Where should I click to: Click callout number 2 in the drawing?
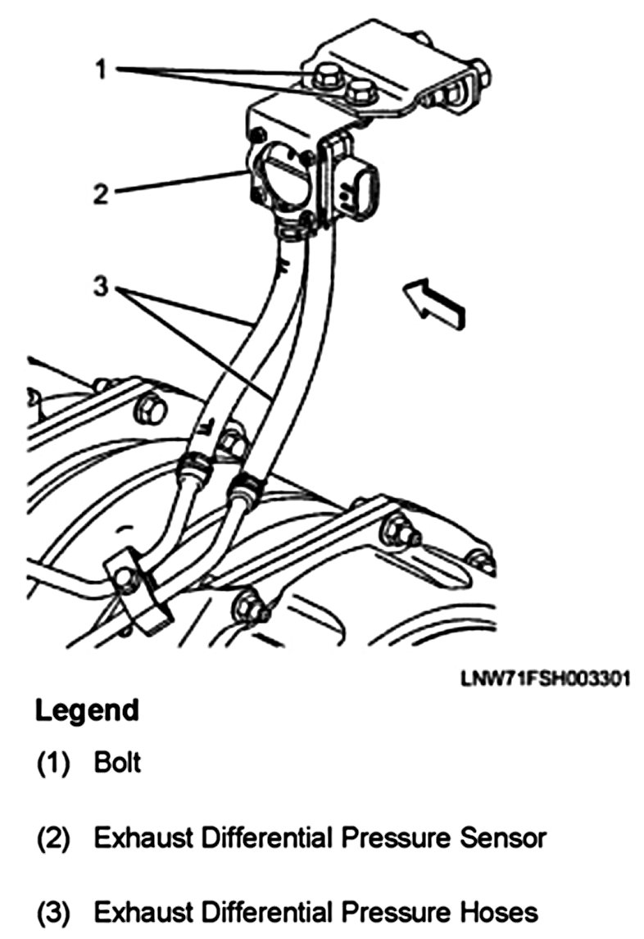coord(100,193)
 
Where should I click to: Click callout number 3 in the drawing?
coord(100,289)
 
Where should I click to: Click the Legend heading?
coord(87,710)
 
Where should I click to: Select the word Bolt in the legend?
coord(118,763)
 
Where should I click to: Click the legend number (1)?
coord(53,764)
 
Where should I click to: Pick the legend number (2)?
coord(53,839)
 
